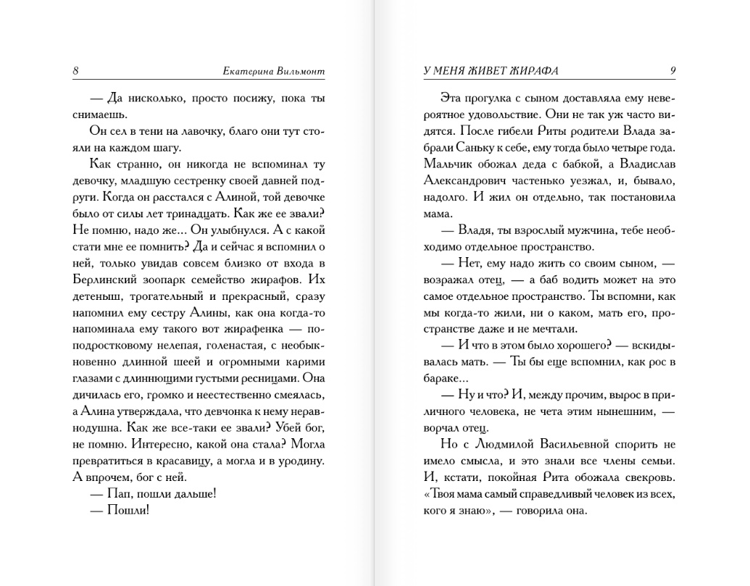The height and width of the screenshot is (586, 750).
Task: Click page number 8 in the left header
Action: (x=76, y=71)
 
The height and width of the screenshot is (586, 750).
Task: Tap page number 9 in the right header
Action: (x=673, y=71)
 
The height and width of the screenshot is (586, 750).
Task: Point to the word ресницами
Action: (x=267, y=377)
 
